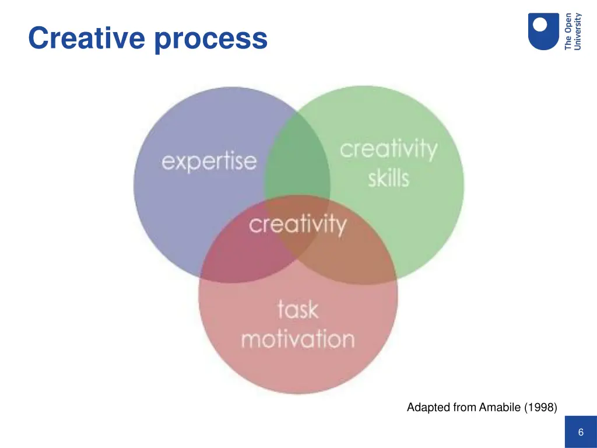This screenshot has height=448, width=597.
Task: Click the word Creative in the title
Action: point(87,38)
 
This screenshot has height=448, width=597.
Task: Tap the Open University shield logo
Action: point(543,31)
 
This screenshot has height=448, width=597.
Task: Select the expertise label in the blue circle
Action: point(209,160)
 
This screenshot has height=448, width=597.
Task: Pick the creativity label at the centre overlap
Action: point(297,224)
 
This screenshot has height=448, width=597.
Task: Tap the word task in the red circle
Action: point(297,309)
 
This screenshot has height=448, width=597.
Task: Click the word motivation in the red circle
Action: point(297,339)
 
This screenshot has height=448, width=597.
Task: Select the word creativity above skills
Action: point(388,149)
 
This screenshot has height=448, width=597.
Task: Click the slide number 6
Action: point(581,432)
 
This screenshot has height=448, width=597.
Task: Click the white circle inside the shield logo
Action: point(540,24)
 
